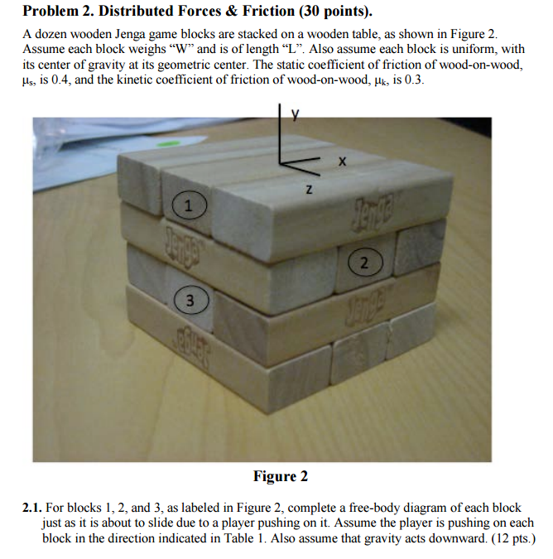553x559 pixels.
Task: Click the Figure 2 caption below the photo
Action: pyautogui.click(x=280, y=476)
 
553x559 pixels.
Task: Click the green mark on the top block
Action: pyautogui.click(x=168, y=144)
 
